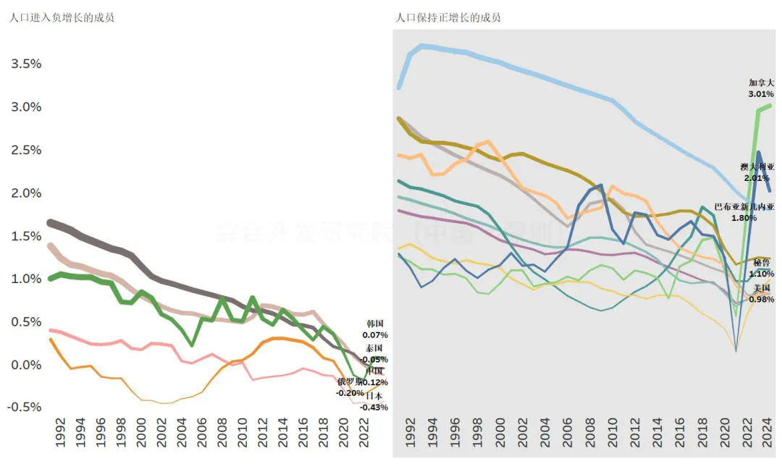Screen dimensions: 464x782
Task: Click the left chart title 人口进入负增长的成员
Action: point(62,17)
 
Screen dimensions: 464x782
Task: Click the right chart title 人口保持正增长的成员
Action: point(448,17)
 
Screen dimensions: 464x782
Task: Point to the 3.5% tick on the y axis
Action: point(26,64)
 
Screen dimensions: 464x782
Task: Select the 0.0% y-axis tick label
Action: point(26,365)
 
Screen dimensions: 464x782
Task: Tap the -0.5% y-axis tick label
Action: point(25,407)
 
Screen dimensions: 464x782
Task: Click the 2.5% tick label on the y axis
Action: point(26,150)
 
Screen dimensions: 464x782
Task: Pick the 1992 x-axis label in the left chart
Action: point(61,436)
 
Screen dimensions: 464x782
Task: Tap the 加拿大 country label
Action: point(761,83)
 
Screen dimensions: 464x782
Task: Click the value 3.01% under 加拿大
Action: point(761,94)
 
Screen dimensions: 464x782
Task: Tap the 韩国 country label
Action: point(375,324)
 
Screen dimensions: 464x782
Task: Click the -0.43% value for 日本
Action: point(375,408)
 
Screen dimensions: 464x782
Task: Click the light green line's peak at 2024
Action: point(769,106)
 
